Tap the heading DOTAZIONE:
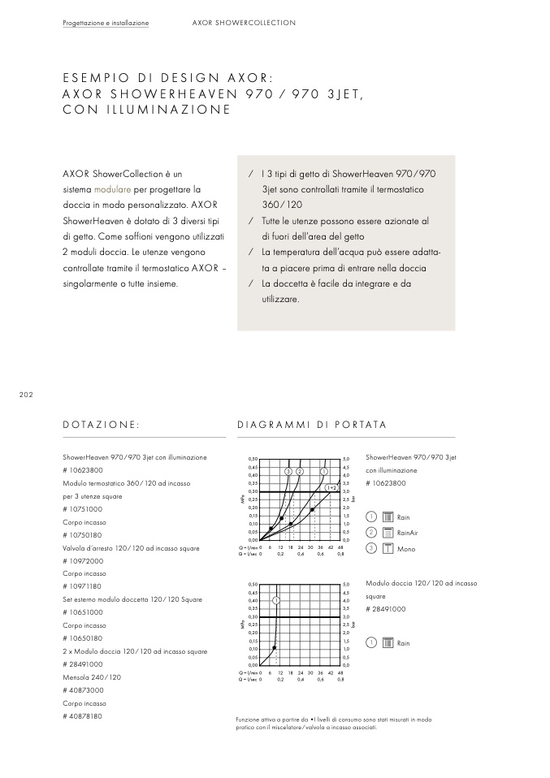click(101, 425)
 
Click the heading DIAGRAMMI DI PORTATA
click(311, 425)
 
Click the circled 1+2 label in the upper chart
click(332, 487)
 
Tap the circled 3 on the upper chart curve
click(288, 471)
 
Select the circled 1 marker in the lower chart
click(276, 600)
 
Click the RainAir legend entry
click(407, 533)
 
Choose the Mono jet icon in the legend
click(388, 548)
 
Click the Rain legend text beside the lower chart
click(404, 643)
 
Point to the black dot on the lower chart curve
click(275, 647)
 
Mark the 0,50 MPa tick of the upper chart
click(253, 459)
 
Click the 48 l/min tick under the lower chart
click(340, 672)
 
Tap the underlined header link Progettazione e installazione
click(106, 23)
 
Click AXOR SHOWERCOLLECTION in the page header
click(244, 23)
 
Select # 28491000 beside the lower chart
click(386, 608)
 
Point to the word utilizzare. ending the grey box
click(280, 300)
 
